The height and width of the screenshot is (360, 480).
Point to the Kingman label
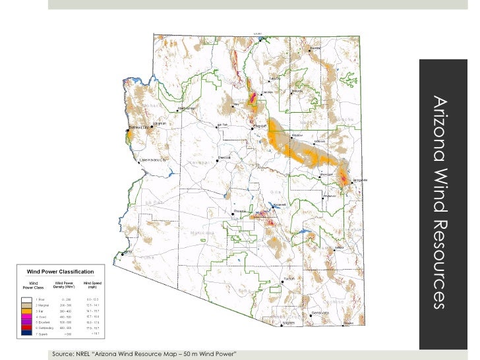click(159, 123)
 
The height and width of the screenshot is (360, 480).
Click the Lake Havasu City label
click(154, 159)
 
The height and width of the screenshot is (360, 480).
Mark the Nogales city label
click(289, 323)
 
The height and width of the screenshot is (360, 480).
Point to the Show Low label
click(326, 175)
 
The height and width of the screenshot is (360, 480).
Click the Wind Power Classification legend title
click(59, 271)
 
